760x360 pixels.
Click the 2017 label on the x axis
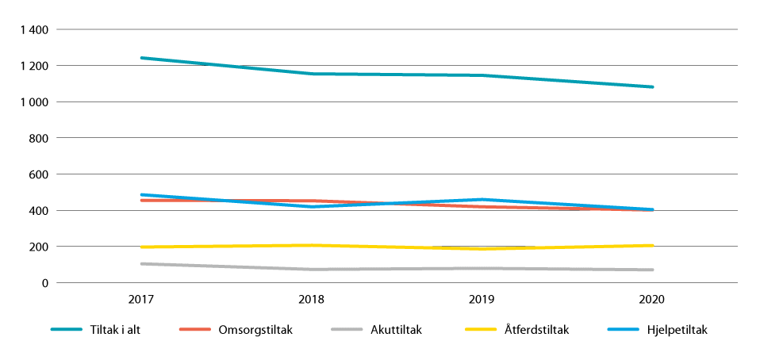tap(141, 301)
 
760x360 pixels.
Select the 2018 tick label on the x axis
tap(312, 301)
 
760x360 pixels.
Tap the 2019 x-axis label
tap(482, 301)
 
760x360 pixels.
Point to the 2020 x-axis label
tap(653, 301)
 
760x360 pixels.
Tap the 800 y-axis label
tap(40, 138)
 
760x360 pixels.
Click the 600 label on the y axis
tap(40, 174)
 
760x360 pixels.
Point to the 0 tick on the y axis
tap(45, 283)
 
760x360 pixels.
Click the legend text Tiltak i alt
tap(121, 330)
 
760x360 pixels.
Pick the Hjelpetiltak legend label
tap(677, 330)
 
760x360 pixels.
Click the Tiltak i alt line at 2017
tap(141, 58)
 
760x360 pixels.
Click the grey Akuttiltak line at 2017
tap(141, 264)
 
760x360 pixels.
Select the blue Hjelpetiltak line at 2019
tap(482, 200)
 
